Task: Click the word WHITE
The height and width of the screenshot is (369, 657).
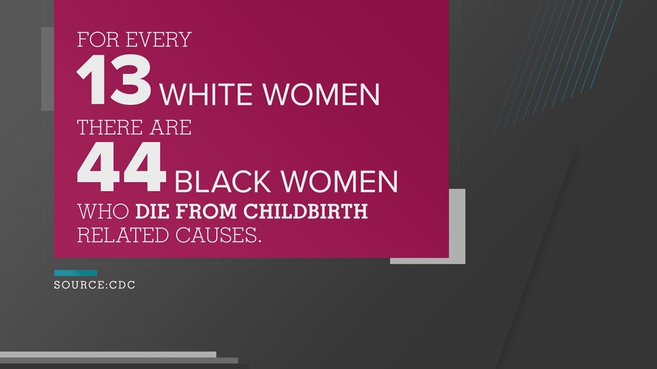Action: (206, 94)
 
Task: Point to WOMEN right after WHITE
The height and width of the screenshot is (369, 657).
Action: (322, 94)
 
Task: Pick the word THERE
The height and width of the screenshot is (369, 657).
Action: (105, 127)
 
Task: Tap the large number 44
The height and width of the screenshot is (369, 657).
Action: (122, 168)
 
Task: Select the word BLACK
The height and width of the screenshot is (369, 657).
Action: (222, 182)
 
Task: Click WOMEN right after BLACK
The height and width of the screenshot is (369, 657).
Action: (339, 182)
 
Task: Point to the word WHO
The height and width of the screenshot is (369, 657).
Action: (103, 211)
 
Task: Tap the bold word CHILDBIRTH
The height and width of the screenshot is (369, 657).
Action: (305, 211)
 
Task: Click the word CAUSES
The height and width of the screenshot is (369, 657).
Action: (218, 235)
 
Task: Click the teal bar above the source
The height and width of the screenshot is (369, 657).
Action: (75, 273)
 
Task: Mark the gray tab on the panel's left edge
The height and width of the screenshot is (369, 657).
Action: (47, 69)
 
